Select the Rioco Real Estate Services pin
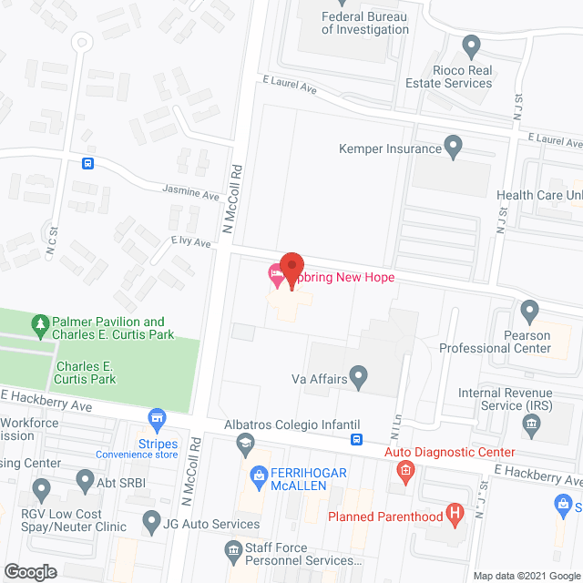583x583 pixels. pos(471,45)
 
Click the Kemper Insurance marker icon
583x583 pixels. pos(453,146)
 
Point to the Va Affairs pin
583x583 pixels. pos(360,374)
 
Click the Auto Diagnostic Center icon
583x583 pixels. pos(405,471)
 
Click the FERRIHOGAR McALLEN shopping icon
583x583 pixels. pos(257,476)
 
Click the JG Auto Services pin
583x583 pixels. pos(151,522)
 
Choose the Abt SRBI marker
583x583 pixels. pos(85,479)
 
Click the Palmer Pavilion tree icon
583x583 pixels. pos(40,323)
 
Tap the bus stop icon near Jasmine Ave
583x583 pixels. pos(87,164)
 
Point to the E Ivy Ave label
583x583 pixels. pos(190,243)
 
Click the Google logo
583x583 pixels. pos(30,572)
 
